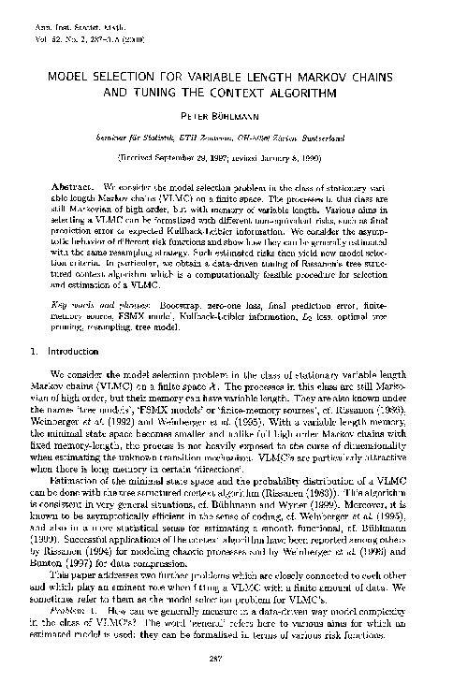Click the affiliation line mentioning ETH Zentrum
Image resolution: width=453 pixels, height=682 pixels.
pyautogui.click(x=225, y=137)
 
